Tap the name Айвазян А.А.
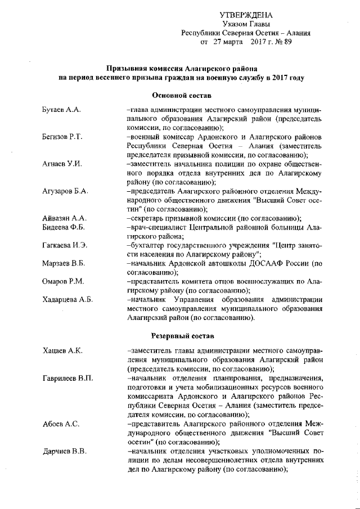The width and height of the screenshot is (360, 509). pyautogui.click(x=64, y=218)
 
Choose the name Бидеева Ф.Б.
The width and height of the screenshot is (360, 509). pyautogui.click(x=64, y=227)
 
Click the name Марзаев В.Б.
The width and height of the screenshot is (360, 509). pyautogui.click(x=64, y=263)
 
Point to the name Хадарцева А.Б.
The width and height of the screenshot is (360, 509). pyautogui.click(x=67, y=299)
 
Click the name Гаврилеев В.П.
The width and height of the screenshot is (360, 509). pyautogui.click(x=67, y=379)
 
